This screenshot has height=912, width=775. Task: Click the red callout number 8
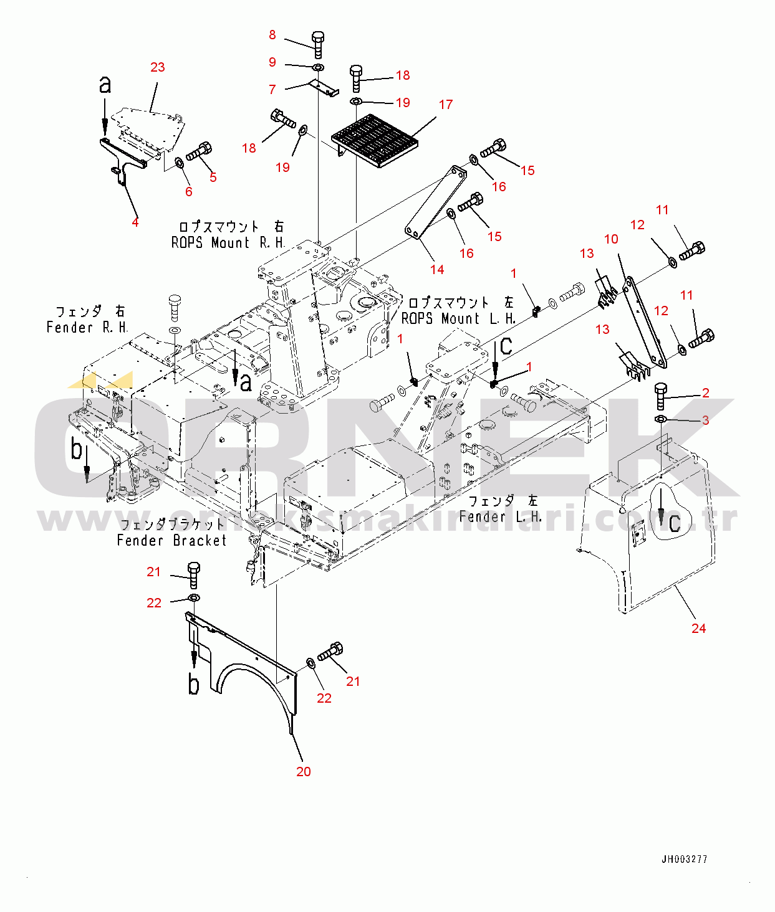(x=272, y=35)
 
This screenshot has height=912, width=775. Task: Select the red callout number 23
(x=158, y=67)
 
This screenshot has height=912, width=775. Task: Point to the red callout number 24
(x=698, y=628)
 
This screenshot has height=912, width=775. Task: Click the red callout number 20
(x=304, y=771)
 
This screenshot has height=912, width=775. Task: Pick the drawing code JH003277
(x=684, y=859)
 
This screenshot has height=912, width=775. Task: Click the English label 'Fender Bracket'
(x=171, y=541)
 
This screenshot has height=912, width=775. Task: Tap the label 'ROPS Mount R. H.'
(x=228, y=243)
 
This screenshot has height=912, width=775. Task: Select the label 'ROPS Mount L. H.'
(x=458, y=318)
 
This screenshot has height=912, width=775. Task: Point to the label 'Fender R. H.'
(x=87, y=327)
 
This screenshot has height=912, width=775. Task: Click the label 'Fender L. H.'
(x=500, y=516)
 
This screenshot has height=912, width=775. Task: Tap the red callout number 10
(x=611, y=239)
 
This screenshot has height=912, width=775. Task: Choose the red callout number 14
(x=437, y=269)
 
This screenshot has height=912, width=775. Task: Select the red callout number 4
(x=135, y=222)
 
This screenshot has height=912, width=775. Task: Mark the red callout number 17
(x=445, y=105)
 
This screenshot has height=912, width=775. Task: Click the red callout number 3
(x=705, y=420)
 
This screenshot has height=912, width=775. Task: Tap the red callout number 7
(x=272, y=90)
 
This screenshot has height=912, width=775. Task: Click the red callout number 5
(x=213, y=177)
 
